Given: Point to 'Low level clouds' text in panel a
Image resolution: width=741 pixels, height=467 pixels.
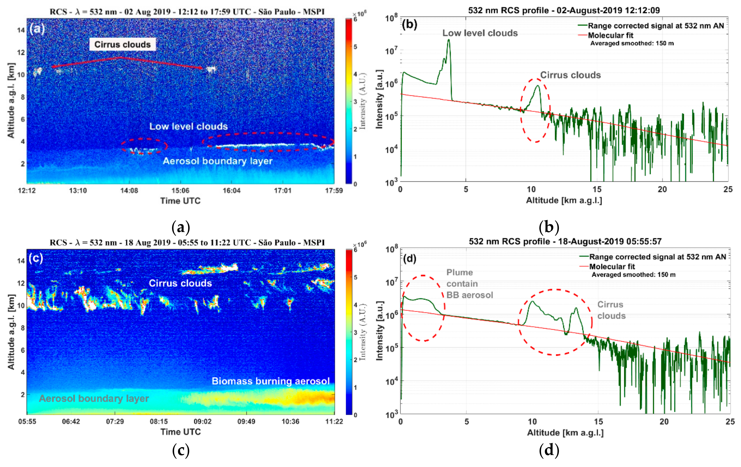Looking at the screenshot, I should [188, 126].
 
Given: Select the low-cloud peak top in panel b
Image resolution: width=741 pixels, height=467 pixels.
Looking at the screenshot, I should [449, 40].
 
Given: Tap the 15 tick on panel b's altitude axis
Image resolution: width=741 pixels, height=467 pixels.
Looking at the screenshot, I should [597, 189].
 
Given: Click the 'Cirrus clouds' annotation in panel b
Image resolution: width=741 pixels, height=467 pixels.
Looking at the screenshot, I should [570, 75].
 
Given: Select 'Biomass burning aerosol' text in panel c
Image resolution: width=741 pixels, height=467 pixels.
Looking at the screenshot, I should [271, 381].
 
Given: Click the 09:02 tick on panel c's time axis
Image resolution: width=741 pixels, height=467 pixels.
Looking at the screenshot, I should [202, 421].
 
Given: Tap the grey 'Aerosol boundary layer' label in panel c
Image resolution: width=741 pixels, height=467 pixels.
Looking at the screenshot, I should [94, 398].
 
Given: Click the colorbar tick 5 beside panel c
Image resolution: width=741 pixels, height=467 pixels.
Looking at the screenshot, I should [356, 277].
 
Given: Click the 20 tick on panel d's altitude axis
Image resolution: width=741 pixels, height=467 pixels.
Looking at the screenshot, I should [664, 421].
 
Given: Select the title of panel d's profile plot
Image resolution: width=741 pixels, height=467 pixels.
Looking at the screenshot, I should [565, 242].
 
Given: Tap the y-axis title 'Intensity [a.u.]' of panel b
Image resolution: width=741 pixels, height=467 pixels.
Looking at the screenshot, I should [379, 99].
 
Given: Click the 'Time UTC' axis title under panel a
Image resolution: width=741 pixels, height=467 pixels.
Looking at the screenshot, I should [180, 201].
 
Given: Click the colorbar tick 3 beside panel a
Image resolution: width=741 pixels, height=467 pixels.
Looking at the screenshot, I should [356, 102].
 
